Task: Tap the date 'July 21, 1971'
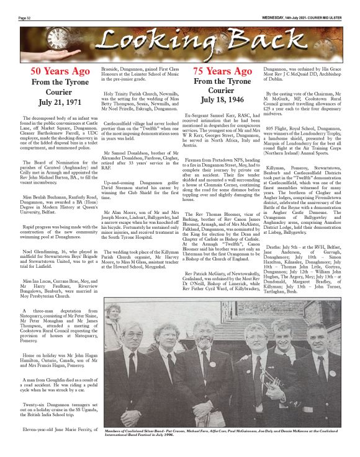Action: pyautogui.click(x=55, y=100)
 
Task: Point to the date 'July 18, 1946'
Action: pyautogui.click(x=222, y=100)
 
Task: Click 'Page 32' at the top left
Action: pyautogui.click(x=25, y=18)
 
